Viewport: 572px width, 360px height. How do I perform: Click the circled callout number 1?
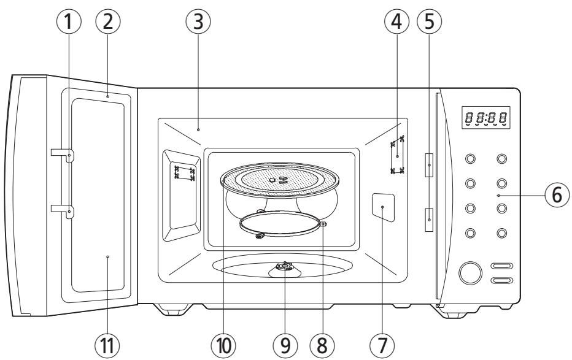[68, 23]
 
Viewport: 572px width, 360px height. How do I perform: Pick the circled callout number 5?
[428, 23]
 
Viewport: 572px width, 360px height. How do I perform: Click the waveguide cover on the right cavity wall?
[382, 207]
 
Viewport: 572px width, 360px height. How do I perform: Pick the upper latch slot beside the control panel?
[428, 164]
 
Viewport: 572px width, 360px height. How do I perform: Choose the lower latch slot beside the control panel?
[428, 217]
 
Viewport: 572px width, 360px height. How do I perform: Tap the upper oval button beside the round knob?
[501, 267]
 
